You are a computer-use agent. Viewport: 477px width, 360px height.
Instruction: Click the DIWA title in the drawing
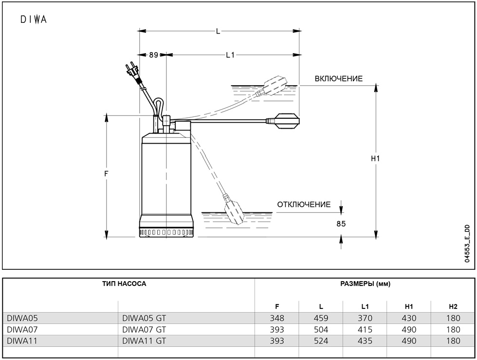(x=34, y=20)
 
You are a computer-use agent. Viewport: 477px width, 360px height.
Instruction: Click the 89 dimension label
(x=153, y=55)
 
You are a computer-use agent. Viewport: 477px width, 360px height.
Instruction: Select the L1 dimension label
(x=230, y=55)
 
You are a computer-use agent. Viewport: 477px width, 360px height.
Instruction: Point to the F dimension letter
(x=106, y=174)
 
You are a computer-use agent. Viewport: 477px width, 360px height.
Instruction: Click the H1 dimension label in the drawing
(x=375, y=159)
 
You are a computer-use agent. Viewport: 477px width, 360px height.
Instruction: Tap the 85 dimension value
(x=341, y=224)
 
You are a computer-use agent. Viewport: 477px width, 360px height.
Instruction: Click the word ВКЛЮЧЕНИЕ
(x=338, y=79)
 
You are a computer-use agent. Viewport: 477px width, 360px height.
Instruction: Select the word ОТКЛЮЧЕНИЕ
(x=304, y=205)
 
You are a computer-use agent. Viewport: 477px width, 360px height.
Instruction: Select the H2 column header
(x=453, y=306)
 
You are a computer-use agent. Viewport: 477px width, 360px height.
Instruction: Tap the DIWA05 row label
(x=22, y=318)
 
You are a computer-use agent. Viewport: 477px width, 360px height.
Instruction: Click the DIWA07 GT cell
(x=144, y=329)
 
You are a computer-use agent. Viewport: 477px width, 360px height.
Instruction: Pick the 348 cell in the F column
(x=277, y=318)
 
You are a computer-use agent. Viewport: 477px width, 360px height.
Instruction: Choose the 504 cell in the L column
(x=321, y=329)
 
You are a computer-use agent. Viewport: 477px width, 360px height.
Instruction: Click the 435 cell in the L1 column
(x=365, y=341)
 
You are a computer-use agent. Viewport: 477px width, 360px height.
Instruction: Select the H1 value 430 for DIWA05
(x=409, y=318)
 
